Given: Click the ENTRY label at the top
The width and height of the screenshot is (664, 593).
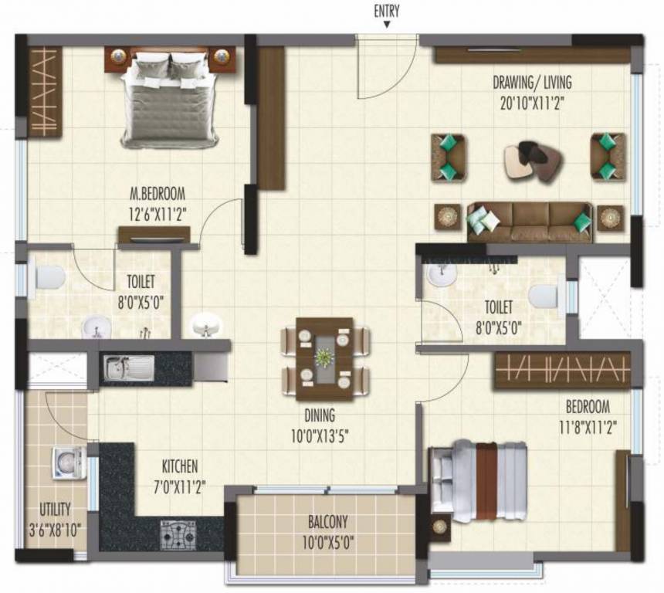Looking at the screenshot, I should click(x=388, y=10).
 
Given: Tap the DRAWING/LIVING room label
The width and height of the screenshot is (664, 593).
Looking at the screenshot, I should click(x=533, y=83).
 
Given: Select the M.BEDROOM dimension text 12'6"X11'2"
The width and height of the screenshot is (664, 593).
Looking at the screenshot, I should click(x=158, y=209).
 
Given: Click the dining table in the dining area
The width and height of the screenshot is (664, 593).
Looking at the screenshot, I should click(x=325, y=358).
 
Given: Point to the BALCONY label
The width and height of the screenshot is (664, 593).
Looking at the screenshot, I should click(x=329, y=521).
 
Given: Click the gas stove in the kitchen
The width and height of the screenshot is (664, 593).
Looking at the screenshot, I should click(x=178, y=534).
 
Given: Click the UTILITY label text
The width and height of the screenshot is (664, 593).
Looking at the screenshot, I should click(x=55, y=509).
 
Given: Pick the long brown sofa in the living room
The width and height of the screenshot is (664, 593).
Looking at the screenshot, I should click(x=530, y=222).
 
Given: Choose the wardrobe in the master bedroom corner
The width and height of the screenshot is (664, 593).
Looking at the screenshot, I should click(x=45, y=92).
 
